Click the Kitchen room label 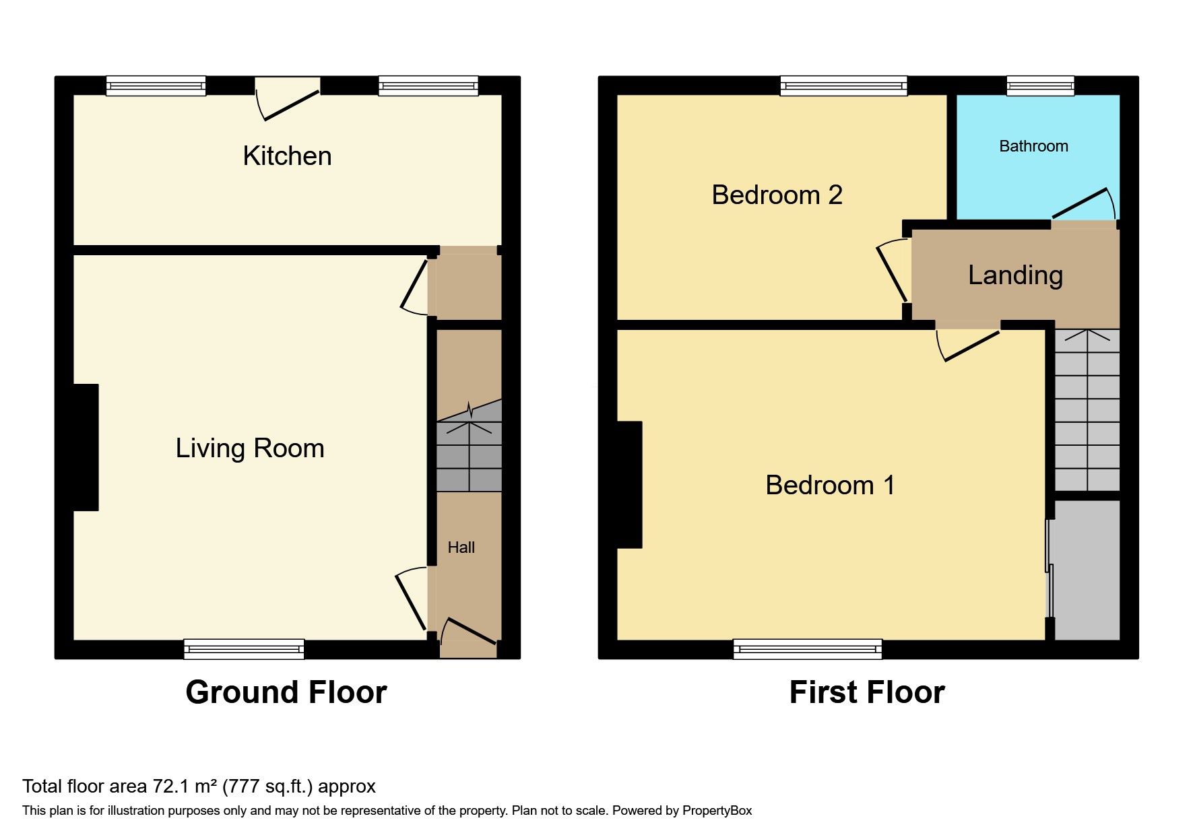287,156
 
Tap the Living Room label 250,448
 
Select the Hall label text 461,547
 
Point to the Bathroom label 1033,146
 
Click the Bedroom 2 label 777,195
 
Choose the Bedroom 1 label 830,486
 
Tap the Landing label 1015,275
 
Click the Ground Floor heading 286,692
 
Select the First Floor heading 867,692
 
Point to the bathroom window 1040,86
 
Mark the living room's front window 244,648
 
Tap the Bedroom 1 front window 808,648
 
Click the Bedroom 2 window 843,86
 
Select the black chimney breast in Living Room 86,447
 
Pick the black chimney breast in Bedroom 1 629,485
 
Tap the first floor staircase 1087,410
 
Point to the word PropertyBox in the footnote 717,811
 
